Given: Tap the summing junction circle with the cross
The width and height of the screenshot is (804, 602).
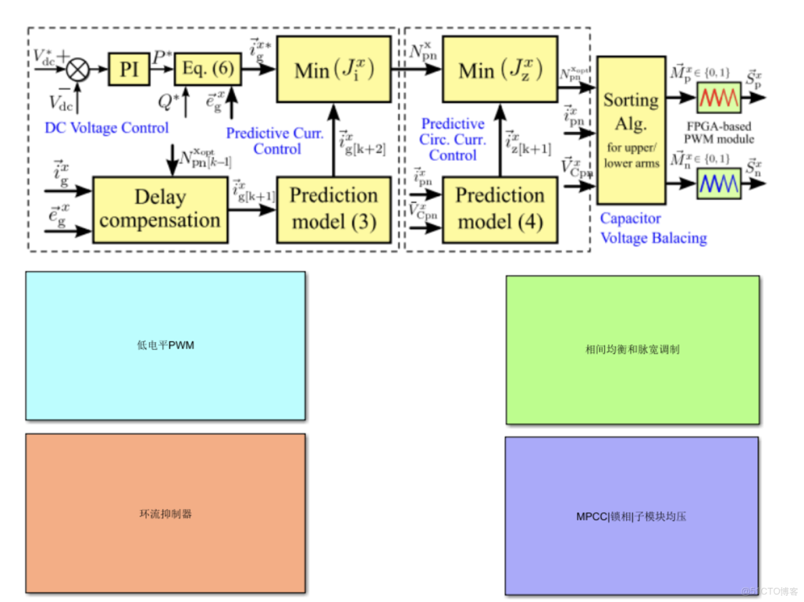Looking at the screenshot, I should (79, 69).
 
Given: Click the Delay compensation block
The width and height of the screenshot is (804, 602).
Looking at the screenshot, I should (160, 209).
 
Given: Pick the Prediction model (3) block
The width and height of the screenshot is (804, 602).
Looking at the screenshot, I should (333, 209).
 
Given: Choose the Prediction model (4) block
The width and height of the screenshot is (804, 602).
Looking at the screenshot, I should (499, 209).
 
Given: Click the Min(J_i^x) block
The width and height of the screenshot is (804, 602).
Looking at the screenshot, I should (333, 69).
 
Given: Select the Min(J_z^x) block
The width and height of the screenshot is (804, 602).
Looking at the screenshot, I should (499, 69).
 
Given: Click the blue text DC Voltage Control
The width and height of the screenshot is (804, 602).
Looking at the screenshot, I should (107, 128).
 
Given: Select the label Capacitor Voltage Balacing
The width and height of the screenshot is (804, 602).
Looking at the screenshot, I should (653, 229).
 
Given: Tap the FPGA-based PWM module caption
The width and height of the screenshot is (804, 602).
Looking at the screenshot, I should (720, 133).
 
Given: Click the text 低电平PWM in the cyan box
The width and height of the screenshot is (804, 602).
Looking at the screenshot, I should (165, 345).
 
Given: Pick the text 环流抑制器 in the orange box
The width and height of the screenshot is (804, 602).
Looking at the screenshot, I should (165, 514).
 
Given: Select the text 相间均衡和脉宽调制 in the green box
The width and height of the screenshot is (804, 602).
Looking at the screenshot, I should (632, 350).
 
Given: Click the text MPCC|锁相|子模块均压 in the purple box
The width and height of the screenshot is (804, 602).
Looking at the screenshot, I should (631, 516).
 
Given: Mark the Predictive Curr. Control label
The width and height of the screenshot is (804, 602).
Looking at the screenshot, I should (275, 140).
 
